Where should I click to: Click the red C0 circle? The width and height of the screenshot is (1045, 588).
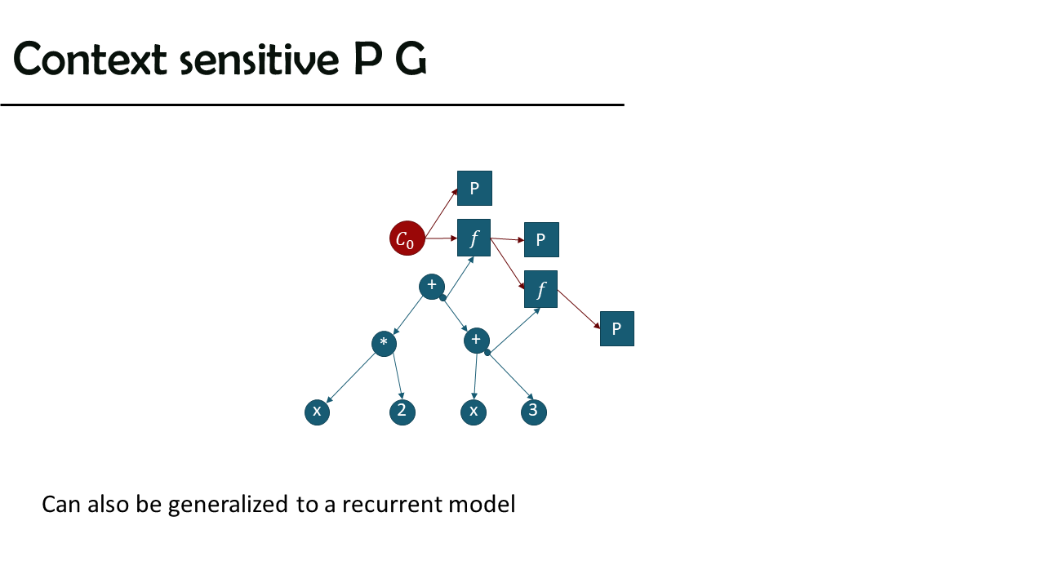[407, 238]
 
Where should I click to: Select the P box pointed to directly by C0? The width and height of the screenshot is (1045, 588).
[474, 188]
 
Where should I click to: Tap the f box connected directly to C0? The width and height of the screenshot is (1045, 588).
[474, 238]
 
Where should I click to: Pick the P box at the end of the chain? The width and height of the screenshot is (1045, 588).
[616, 328]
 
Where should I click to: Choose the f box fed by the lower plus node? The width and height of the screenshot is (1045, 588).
[540, 289]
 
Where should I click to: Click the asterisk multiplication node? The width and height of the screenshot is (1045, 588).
[384, 344]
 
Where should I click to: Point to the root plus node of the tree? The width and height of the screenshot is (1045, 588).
[432, 287]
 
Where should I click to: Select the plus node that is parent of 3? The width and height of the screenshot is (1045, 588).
[476, 341]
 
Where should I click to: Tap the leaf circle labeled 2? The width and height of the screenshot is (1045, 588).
[402, 412]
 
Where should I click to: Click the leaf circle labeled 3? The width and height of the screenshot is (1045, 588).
[533, 412]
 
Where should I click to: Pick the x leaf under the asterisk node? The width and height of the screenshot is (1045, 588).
[318, 412]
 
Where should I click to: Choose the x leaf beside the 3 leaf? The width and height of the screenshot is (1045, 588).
[474, 412]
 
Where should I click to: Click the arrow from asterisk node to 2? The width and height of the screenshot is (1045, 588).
[398, 376]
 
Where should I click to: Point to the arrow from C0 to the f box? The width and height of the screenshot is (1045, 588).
[442, 238]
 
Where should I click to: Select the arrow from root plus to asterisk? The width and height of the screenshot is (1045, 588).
[408, 315]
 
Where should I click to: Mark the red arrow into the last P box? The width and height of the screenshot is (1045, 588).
[579, 310]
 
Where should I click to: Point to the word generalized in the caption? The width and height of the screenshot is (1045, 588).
[228, 505]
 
